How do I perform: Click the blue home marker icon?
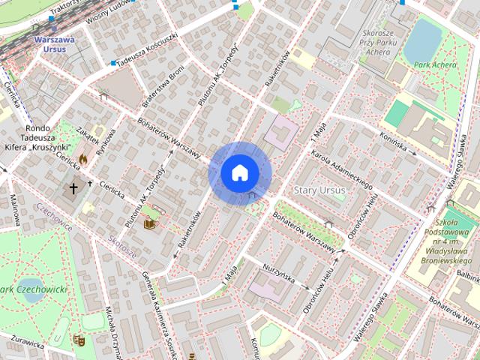pos(239,172)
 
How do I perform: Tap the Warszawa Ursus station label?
pos(53,43)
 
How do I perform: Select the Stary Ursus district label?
pos(320,190)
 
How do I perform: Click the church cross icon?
pos(73,187)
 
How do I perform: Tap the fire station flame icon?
pos(82,160)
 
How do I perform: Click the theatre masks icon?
pos(79,340)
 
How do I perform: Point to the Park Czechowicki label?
pos(34,289)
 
